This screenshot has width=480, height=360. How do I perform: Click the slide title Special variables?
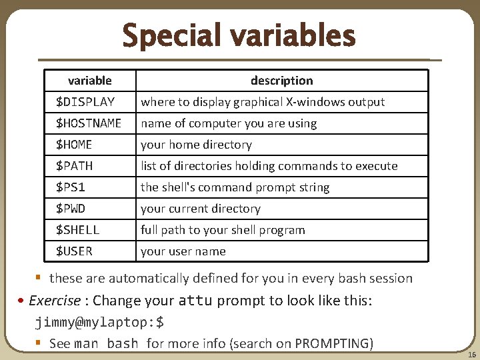pos(239,36)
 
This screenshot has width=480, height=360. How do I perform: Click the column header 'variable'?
pos(90,81)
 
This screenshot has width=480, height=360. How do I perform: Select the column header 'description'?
pos(281,81)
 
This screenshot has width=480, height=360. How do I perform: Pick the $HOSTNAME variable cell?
pos(89,123)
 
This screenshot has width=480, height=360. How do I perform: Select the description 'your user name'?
pos(183,251)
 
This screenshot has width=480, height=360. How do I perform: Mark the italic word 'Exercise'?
pos(55,301)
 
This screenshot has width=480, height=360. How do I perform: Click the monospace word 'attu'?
pos(195,301)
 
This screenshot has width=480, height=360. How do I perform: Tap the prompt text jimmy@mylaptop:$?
pos(99,323)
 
